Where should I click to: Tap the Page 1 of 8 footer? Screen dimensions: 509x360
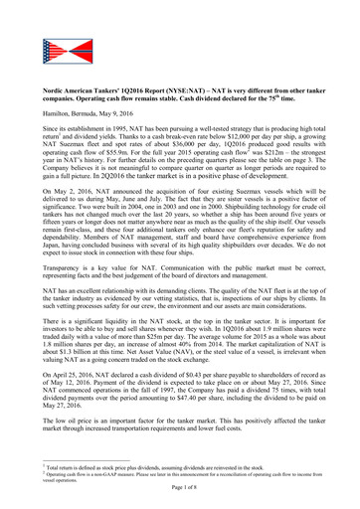(x=181, y=499)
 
